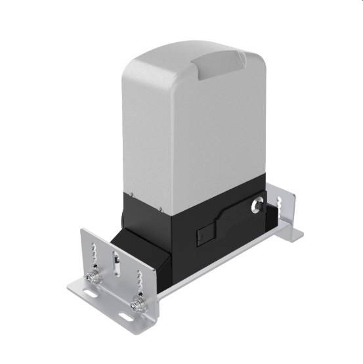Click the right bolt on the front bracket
point(138,304)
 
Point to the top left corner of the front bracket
point(83,231)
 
